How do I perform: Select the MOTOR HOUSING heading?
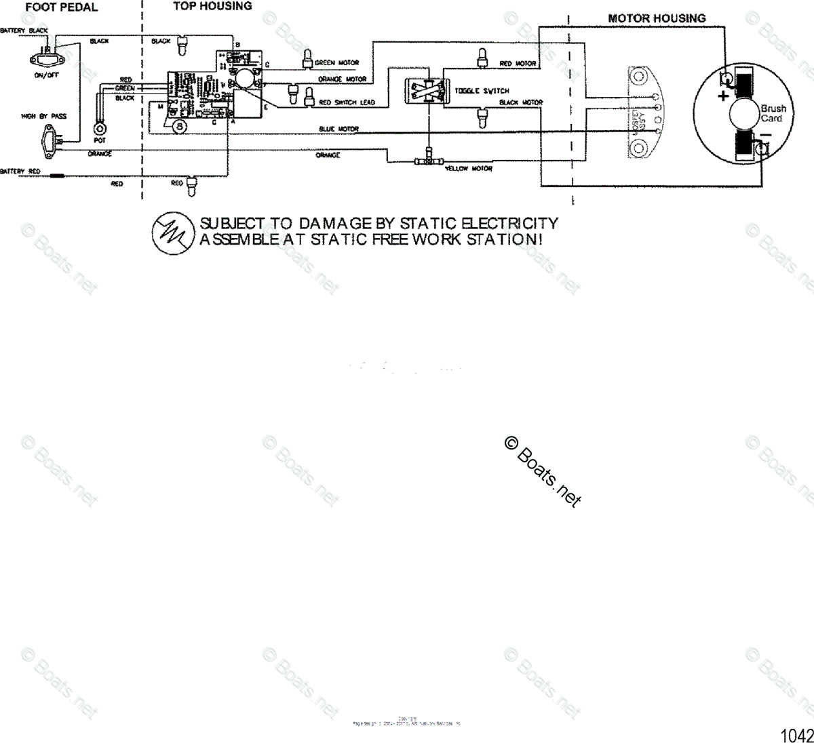pyautogui.click(x=656, y=18)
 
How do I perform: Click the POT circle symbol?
pyautogui.click(x=100, y=127)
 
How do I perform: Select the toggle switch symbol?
pyautogui.click(x=425, y=91)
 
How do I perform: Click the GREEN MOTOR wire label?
pyautogui.click(x=336, y=63)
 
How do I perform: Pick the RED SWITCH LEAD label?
pyautogui.click(x=346, y=102)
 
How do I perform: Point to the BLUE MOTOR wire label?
pyautogui.click(x=338, y=129)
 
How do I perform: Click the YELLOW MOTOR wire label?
pyautogui.click(x=468, y=169)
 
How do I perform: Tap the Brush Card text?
pyautogui.click(x=773, y=113)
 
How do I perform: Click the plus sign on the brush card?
pyautogui.click(x=723, y=96)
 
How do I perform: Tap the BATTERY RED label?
pyautogui.click(x=20, y=172)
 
